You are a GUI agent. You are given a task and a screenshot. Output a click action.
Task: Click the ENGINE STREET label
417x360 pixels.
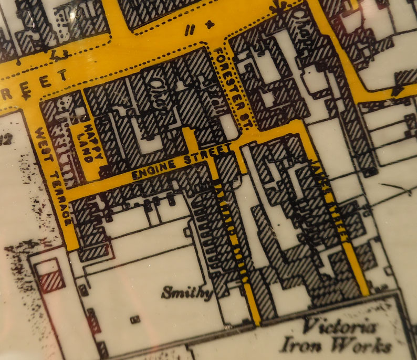click(181, 161)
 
